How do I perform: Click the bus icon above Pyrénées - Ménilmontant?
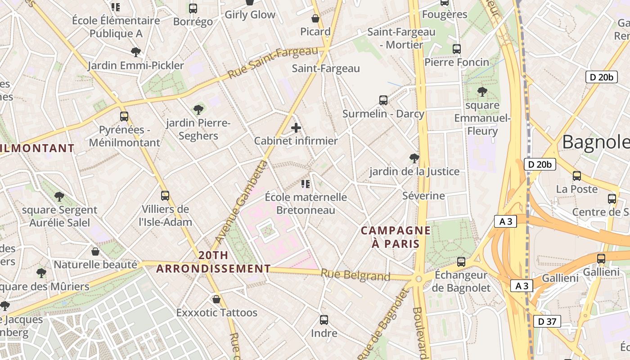pyautogui.click(x=124, y=117)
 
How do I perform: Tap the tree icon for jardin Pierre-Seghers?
pyautogui.click(x=198, y=109)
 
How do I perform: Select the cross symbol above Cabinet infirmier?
pyautogui.click(x=296, y=128)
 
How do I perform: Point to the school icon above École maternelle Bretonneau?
pyautogui.click(x=306, y=184)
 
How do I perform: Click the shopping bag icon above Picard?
pyautogui.click(x=315, y=18)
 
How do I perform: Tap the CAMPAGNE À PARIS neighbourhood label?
pyautogui.click(x=396, y=237)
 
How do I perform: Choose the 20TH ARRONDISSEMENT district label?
pyautogui.click(x=213, y=262)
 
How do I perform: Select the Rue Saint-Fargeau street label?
pyautogui.click(x=273, y=63)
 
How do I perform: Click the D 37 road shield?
pyautogui.click(x=547, y=321)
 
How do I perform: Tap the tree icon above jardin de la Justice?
pyautogui.click(x=414, y=158)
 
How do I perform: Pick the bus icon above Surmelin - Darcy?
pyautogui.click(x=383, y=100)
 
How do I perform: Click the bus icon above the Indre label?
pyautogui.click(x=324, y=320)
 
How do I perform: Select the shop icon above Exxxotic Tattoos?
pyautogui.click(x=216, y=299)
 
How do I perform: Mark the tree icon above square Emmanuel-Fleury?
pyautogui.click(x=482, y=92)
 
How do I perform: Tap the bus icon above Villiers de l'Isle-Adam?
pyautogui.click(x=165, y=196)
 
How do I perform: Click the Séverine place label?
pyautogui.click(x=423, y=196)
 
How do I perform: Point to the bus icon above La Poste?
pyautogui.click(x=577, y=175)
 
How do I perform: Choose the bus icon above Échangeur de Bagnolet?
pyautogui.click(x=461, y=261)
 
